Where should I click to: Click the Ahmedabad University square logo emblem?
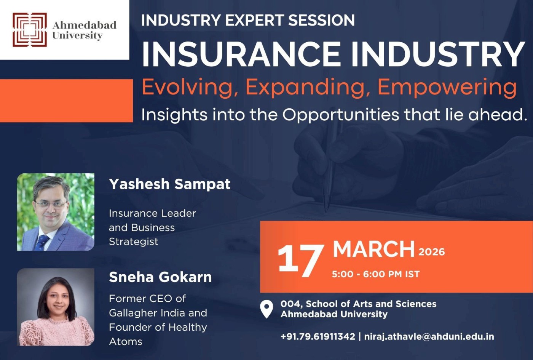[30, 30]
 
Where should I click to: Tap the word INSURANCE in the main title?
[241, 54]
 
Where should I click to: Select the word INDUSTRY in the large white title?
[437, 54]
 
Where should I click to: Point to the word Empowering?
[447, 87]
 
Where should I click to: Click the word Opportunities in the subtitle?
[341, 115]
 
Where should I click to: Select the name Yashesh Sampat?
[169, 184]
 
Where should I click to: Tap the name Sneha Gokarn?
[160, 277]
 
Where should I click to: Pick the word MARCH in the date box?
[373, 250]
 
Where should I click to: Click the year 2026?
[431, 252]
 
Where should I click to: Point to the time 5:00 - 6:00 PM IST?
[375, 274]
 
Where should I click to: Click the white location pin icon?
[266, 308]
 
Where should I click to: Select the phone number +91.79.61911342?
[318, 337]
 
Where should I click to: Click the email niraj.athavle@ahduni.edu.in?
[429, 337]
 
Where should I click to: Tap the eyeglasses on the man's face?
[50, 204]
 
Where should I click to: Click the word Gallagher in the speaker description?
[132, 313]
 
